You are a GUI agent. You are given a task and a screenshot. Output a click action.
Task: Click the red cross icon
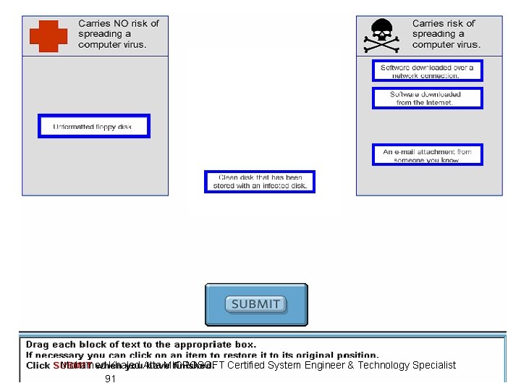tap(48, 35)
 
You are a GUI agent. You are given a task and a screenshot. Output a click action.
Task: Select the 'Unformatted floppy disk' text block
tap(93, 127)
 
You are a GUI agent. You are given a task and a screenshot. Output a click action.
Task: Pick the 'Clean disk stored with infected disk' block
tap(260, 182)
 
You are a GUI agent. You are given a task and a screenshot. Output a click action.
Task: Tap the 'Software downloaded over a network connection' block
tap(427, 71)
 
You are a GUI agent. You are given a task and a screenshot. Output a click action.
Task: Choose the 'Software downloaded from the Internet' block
tap(427, 98)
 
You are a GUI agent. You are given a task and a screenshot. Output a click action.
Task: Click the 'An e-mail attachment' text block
tap(427, 156)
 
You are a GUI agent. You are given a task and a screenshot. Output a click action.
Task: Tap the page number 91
tap(111, 379)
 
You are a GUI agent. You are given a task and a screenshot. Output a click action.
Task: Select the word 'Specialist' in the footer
tap(434, 365)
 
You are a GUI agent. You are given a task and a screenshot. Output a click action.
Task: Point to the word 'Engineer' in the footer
tap(326, 365)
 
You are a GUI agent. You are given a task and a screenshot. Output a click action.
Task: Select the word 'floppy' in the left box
tap(102, 127)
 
